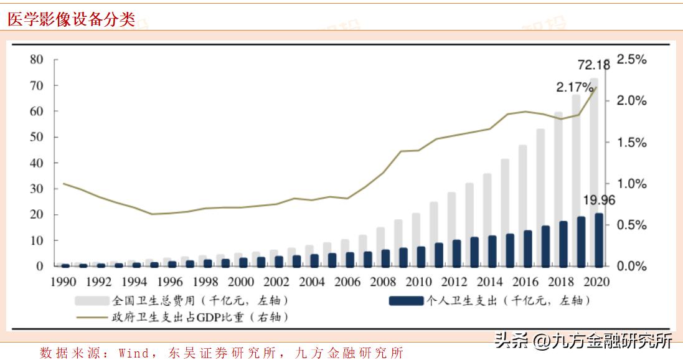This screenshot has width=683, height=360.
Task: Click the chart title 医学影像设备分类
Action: pyautogui.click(x=71, y=19)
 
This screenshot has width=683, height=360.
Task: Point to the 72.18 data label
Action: pyautogui.click(x=593, y=65)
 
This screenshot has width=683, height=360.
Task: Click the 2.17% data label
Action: pyautogui.click(x=574, y=88)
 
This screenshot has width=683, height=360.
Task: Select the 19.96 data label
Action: pyautogui.click(x=600, y=200)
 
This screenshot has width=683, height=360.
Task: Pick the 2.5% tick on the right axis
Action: pyautogui.click(x=632, y=60)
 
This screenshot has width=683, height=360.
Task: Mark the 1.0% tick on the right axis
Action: pyautogui.click(x=632, y=184)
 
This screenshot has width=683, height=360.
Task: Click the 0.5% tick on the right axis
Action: pyautogui.click(x=632, y=225)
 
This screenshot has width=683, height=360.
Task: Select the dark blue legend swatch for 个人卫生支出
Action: pyautogui.click(x=406, y=301)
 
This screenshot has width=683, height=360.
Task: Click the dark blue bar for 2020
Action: pyautogui.click(x=599, y=240)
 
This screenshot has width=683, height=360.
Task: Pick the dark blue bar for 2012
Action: pyautogui.click(x=456, y=253)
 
